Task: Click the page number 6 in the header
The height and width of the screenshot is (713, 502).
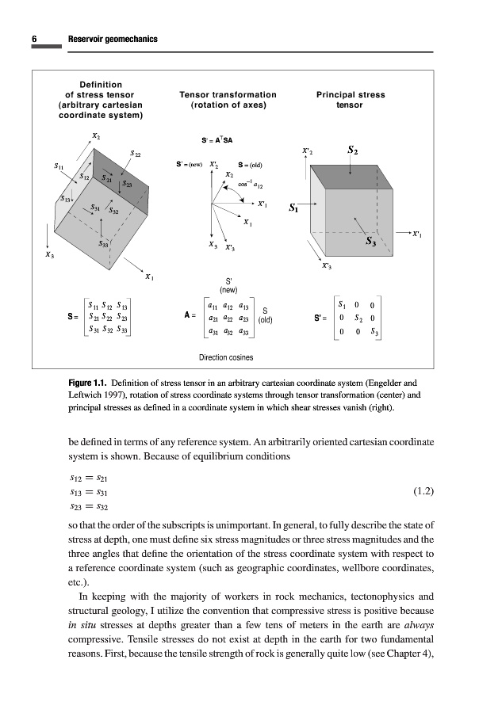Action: point(35,39)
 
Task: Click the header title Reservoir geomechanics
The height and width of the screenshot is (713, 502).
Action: point(113,39)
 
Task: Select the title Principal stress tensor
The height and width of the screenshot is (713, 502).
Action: point(350,99)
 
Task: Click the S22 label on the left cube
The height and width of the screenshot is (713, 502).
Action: point(136,153)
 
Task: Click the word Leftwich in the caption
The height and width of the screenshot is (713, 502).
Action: point(90,396)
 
